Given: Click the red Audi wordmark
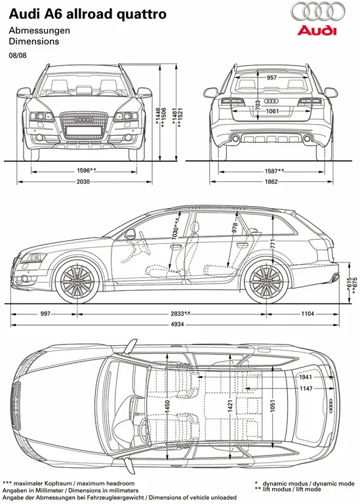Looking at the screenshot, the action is tap(317, 31).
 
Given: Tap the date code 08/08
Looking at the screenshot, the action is tap(18, 55).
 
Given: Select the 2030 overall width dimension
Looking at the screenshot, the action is tap(83, 182).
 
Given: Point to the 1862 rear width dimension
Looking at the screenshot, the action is tap(271, 182).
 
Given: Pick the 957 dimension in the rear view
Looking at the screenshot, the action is tap(271, 77).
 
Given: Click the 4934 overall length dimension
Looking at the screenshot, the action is tap(177, 324).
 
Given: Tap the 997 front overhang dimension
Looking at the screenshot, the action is tap(45, 314).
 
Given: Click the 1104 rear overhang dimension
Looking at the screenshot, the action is tap(308, 314).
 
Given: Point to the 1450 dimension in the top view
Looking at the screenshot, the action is tap(167, 407).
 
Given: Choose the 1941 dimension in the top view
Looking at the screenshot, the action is tap(306, 377).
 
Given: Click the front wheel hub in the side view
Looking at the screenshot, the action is tap(77, 281).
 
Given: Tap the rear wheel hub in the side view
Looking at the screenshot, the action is tap(266, 281).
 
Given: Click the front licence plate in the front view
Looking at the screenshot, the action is tap(83, 130).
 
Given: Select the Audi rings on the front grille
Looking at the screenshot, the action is tap(83, 120).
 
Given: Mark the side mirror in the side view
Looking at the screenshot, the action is tap(130, 234).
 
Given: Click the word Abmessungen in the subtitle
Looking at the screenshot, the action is tap(39, 31).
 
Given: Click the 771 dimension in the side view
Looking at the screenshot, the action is tap(273, 244).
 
